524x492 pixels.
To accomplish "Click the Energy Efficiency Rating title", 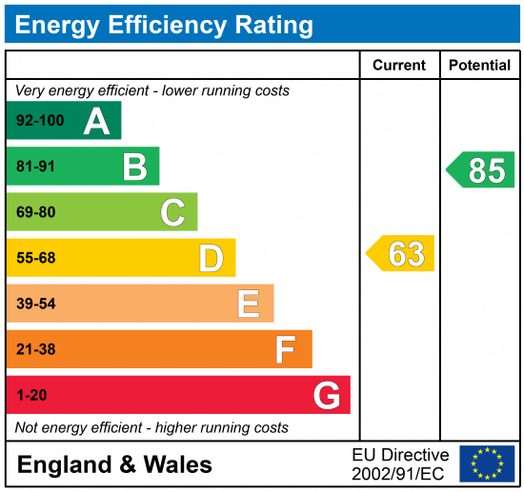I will tap(164, 25).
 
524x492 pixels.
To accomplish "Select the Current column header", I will tap(399, 66).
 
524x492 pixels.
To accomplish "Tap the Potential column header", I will tap(480, 66).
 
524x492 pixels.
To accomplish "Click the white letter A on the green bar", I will tap(96, 121).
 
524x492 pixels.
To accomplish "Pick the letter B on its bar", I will tap(134, 167).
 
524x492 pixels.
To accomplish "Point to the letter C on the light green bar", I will tap(172, 212).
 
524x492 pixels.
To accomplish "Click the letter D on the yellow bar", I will tap(211, 258).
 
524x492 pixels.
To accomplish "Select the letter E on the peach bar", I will tap(249, 304).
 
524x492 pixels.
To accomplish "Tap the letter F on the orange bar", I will tap(286, 349).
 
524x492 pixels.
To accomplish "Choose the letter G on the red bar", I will tap(327, 395).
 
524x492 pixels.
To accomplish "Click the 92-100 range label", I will tap(38, 122).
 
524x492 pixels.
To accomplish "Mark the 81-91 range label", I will tap(36, 167).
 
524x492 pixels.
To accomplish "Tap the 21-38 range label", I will tap(36, 349).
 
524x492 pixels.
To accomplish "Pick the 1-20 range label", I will tap(31, 395).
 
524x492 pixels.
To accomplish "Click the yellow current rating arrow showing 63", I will tap(401, 254).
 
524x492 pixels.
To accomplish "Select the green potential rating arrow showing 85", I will tap(481, 170).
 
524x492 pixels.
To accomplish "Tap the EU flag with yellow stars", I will tap(487, 463).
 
